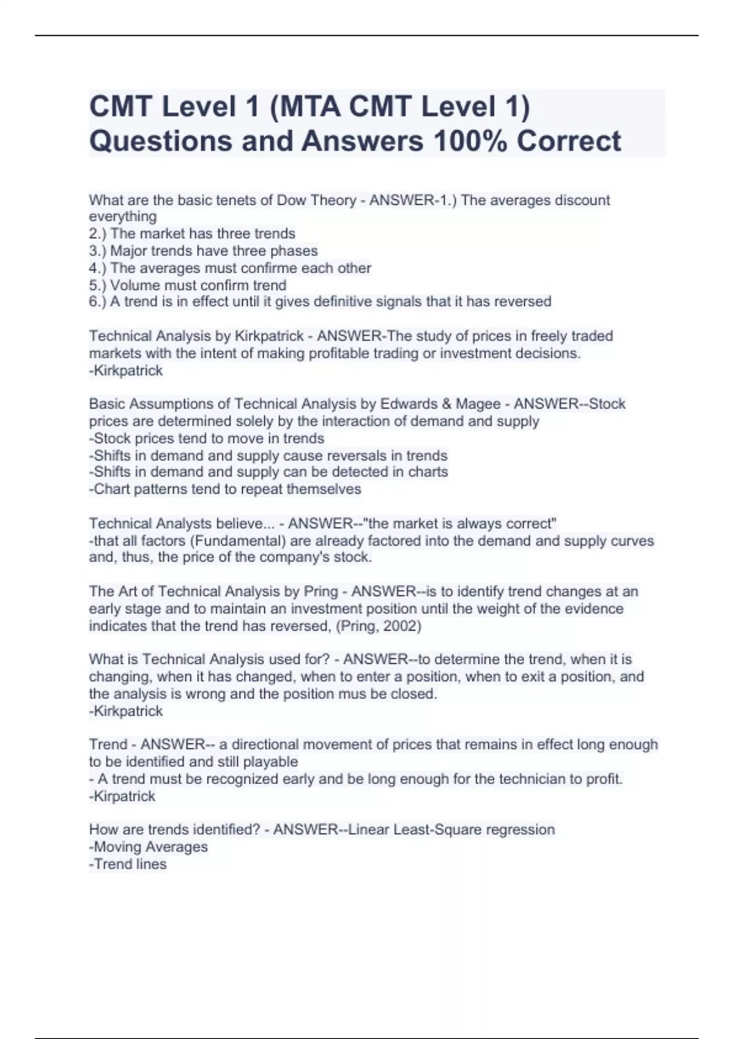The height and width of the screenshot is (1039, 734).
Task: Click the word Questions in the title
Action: tap(159, 141)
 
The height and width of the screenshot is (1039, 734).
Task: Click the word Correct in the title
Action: tap(569, 141)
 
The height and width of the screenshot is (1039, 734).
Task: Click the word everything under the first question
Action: tap(122, 217)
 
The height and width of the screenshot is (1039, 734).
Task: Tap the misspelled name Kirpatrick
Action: tap(124, 796)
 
